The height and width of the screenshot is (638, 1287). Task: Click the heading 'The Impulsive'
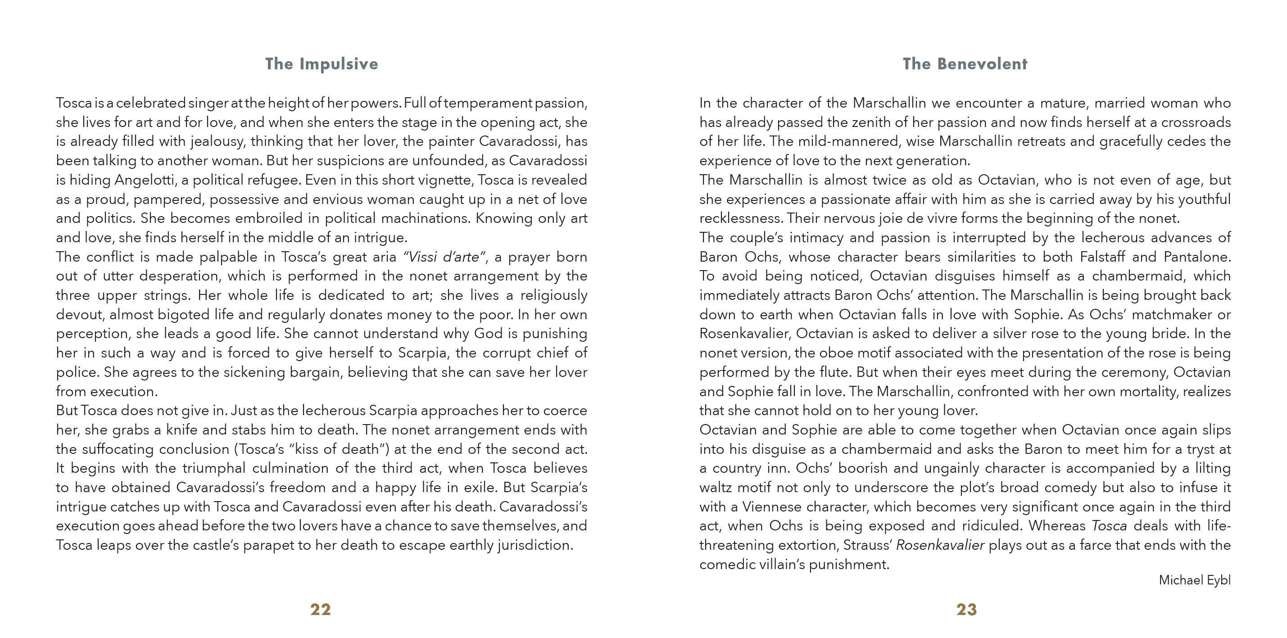[321, 64]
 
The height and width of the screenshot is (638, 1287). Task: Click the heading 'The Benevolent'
[965, 64]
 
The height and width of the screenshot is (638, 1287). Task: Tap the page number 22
[320, 609]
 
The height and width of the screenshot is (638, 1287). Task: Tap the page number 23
[966, 609]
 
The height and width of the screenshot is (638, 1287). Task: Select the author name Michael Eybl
[1194, 580]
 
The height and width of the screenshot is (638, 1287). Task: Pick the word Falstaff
[1102, 257]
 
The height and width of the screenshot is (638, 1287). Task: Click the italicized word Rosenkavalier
[940, 545]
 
